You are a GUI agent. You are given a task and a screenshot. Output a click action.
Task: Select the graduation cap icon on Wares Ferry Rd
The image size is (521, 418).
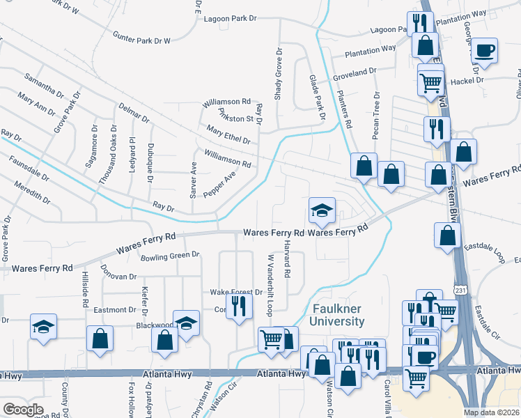click(x=322, y=211)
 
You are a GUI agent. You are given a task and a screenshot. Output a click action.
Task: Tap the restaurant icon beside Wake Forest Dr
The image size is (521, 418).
click(x=239, y=307)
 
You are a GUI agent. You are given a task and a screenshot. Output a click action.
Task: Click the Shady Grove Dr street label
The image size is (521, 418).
click(x=278, y=83)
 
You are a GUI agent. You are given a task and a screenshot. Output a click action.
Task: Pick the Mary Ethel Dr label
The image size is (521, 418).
click(x=228, y=135)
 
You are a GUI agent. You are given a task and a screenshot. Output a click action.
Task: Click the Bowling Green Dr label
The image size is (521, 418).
click(x=170, y=256)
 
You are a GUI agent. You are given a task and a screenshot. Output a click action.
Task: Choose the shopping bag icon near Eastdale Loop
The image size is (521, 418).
click(x=447, y=236)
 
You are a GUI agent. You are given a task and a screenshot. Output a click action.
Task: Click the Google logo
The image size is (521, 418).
click(x=24, y=409)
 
